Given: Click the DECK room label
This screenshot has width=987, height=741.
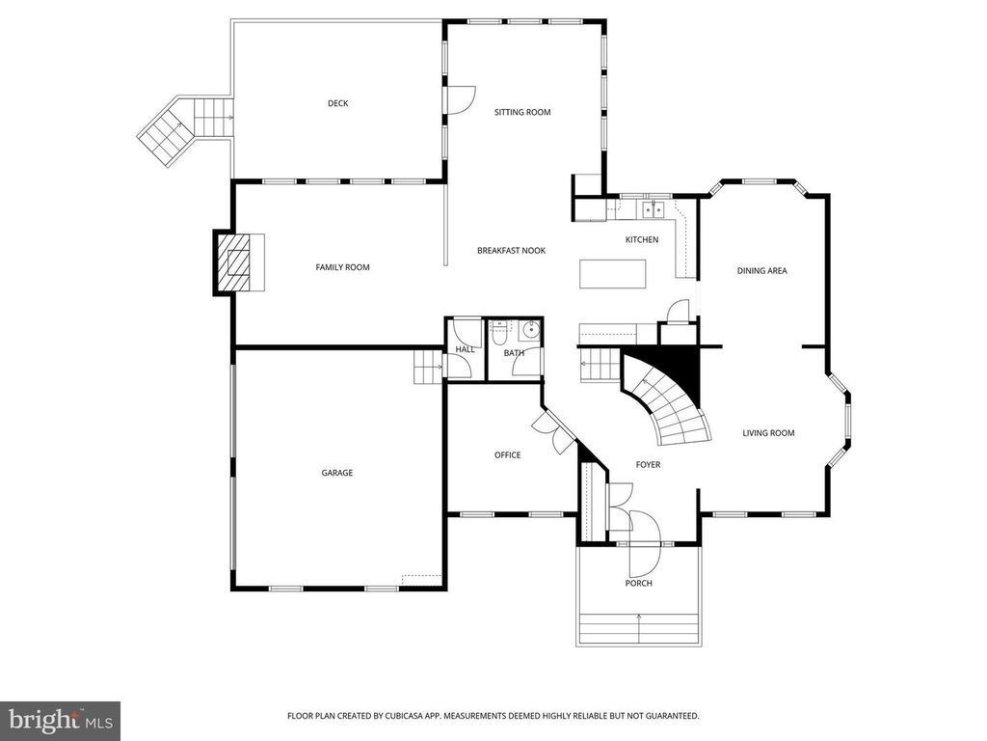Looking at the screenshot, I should click(x=337, y=103).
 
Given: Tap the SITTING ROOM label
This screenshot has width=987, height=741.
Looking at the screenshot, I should click(x=522, y=112).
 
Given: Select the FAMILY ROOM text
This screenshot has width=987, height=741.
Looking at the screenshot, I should click(x=342, y=267).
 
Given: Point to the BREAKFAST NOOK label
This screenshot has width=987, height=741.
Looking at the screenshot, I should click(x=511, y=251).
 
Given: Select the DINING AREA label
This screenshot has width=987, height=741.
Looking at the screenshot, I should click(x=761, y=271).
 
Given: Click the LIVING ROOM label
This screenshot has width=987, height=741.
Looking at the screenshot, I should click(x=768, y=433).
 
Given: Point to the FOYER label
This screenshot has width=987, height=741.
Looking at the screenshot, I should click(x=648, y=465).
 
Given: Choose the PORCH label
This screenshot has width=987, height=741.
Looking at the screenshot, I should click(x=638, y=583).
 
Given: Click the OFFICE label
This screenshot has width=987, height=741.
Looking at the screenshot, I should click(x=507, y=455).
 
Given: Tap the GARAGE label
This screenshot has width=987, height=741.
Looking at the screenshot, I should click(x=337, y=473).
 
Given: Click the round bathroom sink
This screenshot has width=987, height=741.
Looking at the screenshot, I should click(x=529, y=331).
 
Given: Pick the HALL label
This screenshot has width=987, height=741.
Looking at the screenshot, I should click(x=465, y=349).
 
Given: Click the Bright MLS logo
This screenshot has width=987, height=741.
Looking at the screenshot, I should click(x=60, y=720).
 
